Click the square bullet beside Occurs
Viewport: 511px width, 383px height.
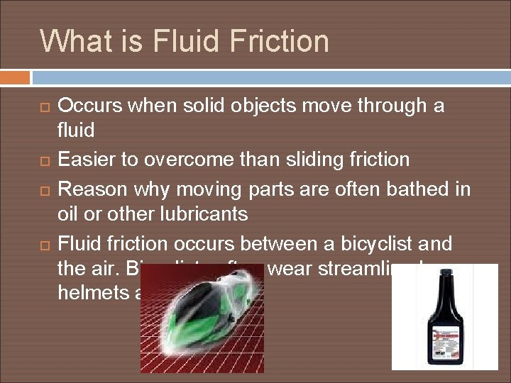44,107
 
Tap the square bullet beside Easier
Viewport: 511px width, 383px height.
44,160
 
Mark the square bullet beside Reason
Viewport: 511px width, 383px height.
44,191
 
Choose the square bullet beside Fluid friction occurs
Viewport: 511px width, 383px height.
44,245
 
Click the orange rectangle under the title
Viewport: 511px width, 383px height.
15,77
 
